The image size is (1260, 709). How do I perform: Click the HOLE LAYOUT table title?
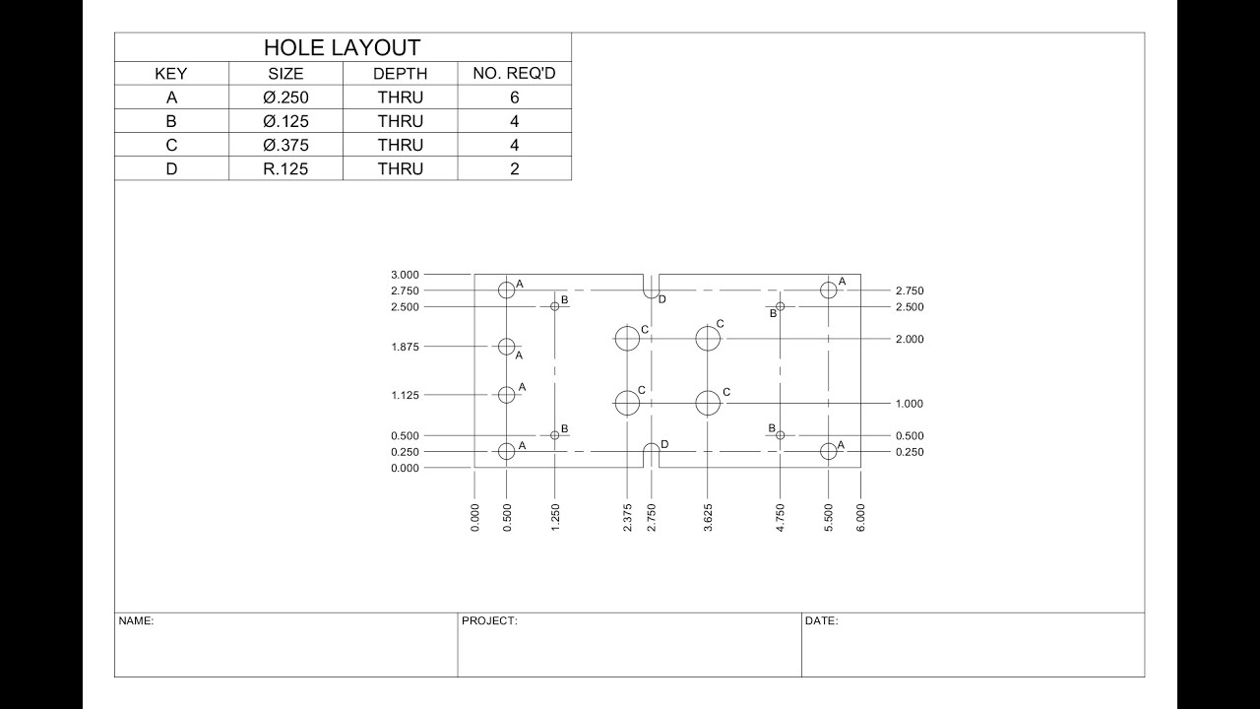342,47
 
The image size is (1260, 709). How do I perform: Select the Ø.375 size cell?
285,145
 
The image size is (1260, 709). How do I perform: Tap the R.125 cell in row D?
285,168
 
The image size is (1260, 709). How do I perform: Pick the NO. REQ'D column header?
514,74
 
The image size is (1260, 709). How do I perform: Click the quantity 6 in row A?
514,97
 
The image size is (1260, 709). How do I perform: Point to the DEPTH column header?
400,74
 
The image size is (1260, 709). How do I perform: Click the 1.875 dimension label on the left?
405,347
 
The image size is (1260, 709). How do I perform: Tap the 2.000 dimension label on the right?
910,339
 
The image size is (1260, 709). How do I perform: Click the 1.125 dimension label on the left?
405,395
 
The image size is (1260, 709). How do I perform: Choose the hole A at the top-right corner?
829,290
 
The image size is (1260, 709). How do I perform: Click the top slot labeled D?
651,290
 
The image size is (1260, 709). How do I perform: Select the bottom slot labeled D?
651,452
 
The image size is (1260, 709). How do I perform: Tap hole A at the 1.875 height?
507,347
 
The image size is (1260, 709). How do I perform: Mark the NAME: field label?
136,621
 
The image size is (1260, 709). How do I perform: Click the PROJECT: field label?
488,621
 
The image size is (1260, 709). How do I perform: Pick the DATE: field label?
821,621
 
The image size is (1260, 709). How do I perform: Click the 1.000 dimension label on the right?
910,404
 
